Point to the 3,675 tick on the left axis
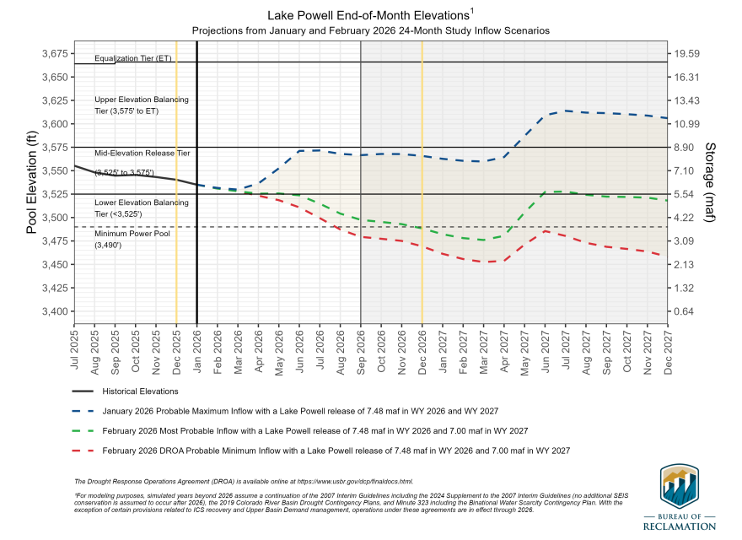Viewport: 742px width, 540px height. coord(53,53)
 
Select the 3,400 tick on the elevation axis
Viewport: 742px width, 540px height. coord(53,311)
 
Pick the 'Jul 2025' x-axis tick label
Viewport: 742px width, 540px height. coord(74,348)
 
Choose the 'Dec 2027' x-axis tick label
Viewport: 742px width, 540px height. coord(668,348)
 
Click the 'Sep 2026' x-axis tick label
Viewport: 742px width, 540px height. coord(361,348)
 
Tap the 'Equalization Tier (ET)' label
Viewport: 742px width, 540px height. coord(133,59)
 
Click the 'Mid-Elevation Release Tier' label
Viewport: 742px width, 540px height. coord(142,154)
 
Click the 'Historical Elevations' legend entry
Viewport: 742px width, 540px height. coord(140,391)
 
